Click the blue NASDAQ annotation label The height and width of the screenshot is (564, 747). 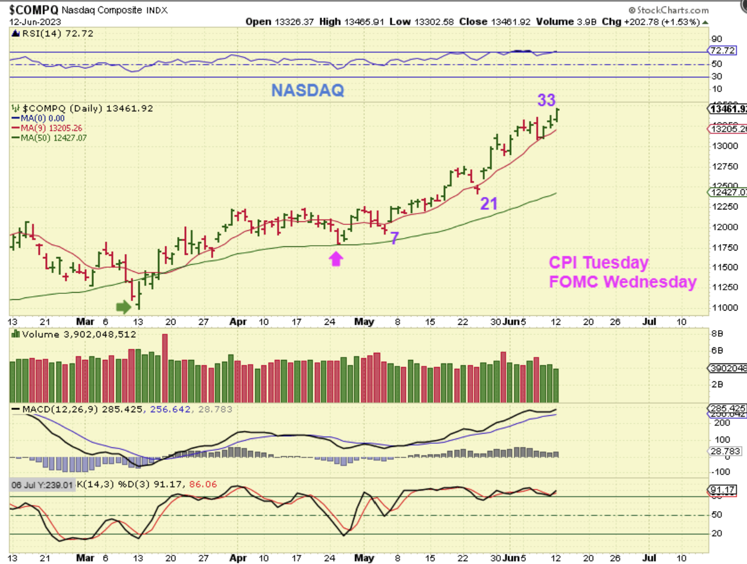tap(307, 90)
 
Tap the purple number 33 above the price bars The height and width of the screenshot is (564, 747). tap(547, 100)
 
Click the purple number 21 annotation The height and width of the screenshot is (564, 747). tap(488, 204)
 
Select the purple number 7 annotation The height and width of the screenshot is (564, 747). tap(394, 238)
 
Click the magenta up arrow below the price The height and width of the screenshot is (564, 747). tap(336, 258)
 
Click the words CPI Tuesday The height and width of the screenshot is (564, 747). tap(598, 262)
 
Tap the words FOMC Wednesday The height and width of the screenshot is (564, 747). tap(622, 281)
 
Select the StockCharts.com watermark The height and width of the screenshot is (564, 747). tap(669, 10)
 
